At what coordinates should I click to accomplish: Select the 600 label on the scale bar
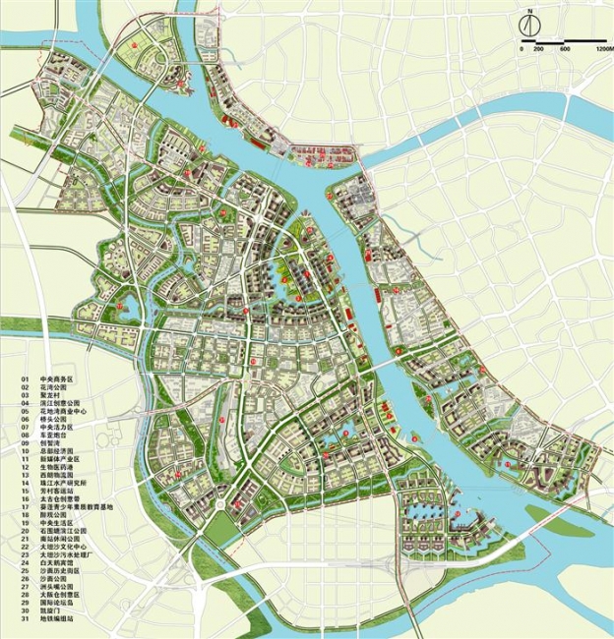pos(565,49)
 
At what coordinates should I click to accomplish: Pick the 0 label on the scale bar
pos(522,49)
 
